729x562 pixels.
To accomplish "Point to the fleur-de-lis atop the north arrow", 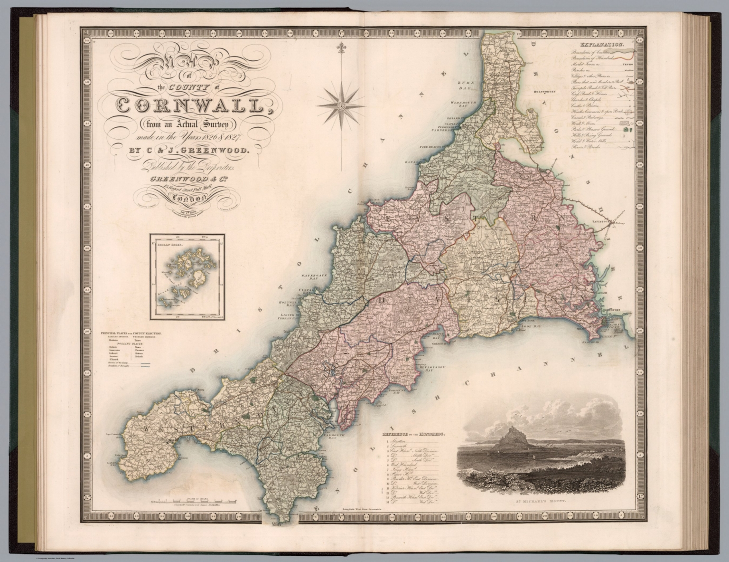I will click(x=341, y=48).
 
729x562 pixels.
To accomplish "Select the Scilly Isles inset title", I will click(x=168, y=241).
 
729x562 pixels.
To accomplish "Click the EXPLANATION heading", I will click(x=604, y=45).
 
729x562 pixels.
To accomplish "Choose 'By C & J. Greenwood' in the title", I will click(x=189, y=152).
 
